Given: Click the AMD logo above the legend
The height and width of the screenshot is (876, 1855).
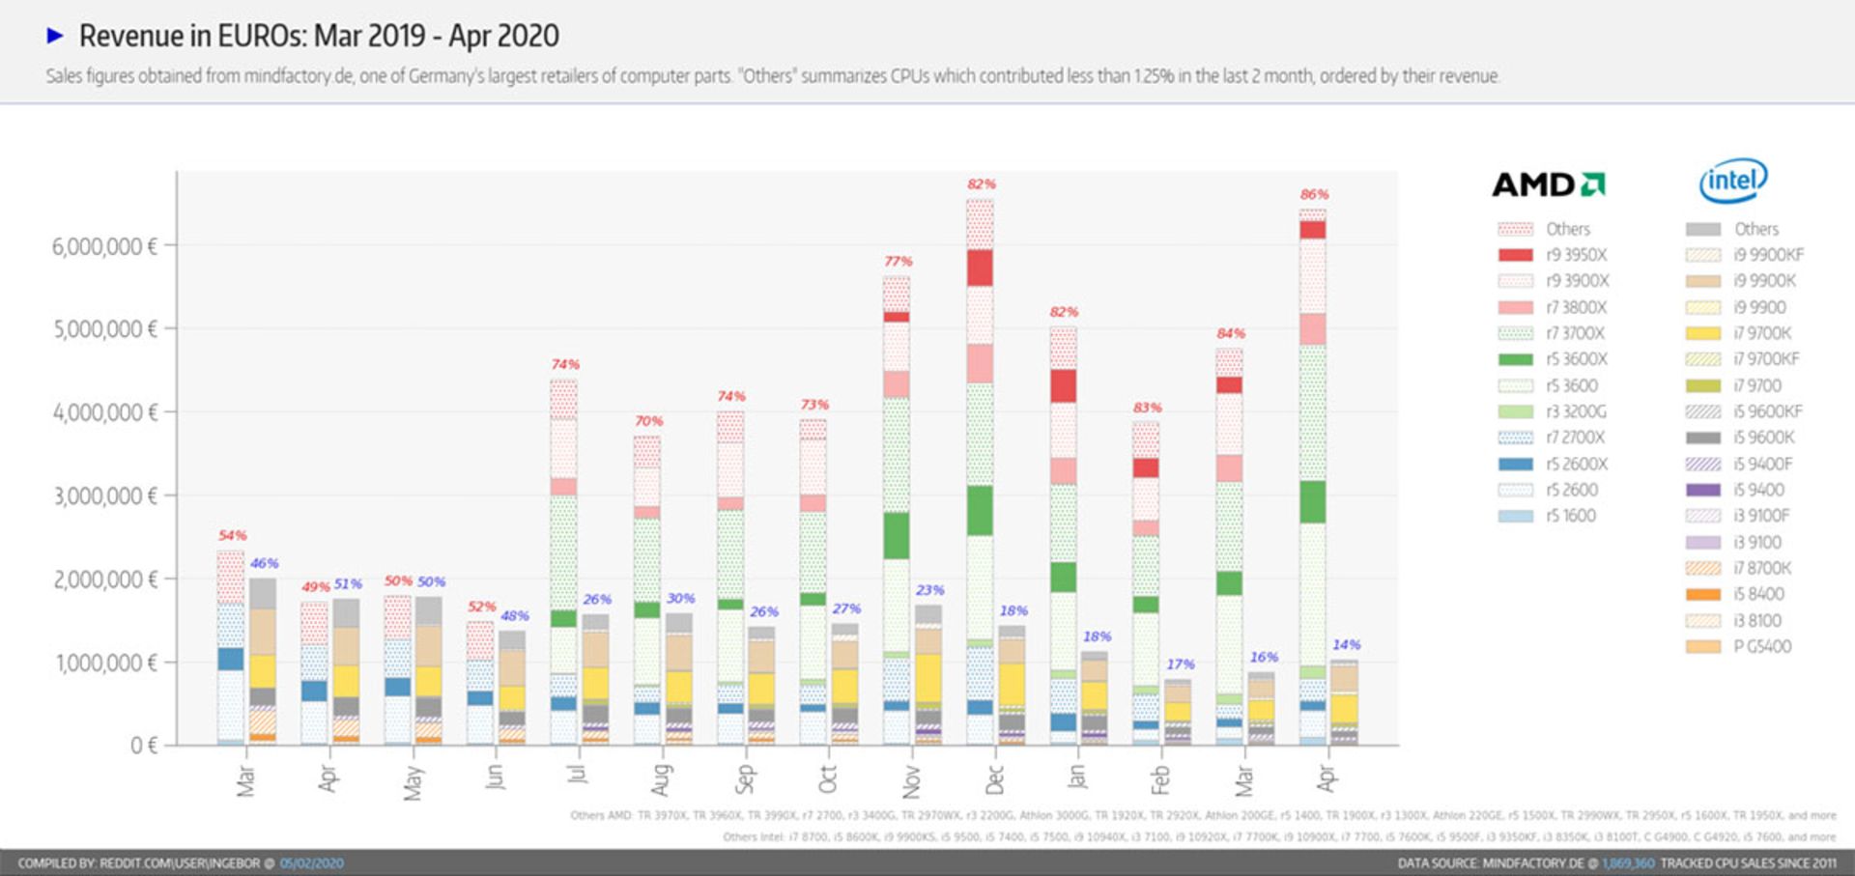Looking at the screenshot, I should [x=1548, y=184].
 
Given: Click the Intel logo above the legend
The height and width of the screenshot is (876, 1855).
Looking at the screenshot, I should [x=1733, y=181].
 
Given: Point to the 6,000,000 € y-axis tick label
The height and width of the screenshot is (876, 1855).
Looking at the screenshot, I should [x=104, y=246].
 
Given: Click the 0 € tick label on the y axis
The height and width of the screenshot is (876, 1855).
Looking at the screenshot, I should [x=143, y=746].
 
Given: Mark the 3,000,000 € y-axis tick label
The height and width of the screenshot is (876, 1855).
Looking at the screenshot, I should [x=104, y=496].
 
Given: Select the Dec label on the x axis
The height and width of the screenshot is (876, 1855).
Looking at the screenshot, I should [x=994, y=779].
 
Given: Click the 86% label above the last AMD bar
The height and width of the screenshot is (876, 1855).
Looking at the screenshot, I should [x=1314, y=194].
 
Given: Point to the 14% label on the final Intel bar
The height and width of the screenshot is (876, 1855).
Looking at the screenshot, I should [x=1346, y=644].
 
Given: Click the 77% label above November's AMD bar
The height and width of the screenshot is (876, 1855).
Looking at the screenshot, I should [x=898, y=261].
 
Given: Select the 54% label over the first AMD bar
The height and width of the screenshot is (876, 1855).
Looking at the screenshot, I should [x=232, y=535].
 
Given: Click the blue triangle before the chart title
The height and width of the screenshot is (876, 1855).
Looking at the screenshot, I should [x=55, y=36].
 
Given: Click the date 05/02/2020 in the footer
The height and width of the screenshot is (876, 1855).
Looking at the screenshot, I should [x=311, y=863].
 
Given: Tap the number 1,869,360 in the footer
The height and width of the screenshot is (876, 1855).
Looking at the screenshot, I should [x=1628, y=863].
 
